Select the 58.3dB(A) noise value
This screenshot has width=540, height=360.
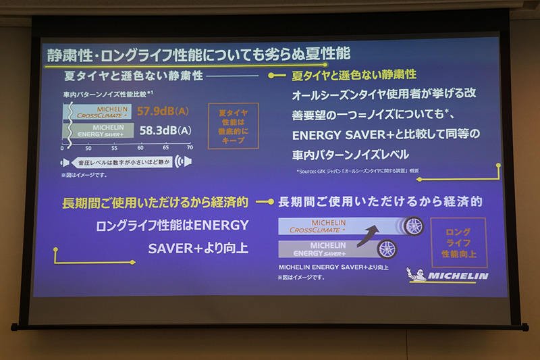(x=165, y=130)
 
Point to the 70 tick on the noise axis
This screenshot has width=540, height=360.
(x=190, y=147)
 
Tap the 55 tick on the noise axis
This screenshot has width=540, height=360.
(x=113, y=147)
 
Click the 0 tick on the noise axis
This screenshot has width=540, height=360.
(x=63, y=147)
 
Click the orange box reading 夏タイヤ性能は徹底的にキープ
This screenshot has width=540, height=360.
(x=234, y=126)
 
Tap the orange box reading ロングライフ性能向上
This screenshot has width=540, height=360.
(x=458, y=242)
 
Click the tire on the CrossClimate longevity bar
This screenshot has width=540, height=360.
(x=413, y=226)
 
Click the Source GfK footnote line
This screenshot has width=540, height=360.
(x=358, y=172)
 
